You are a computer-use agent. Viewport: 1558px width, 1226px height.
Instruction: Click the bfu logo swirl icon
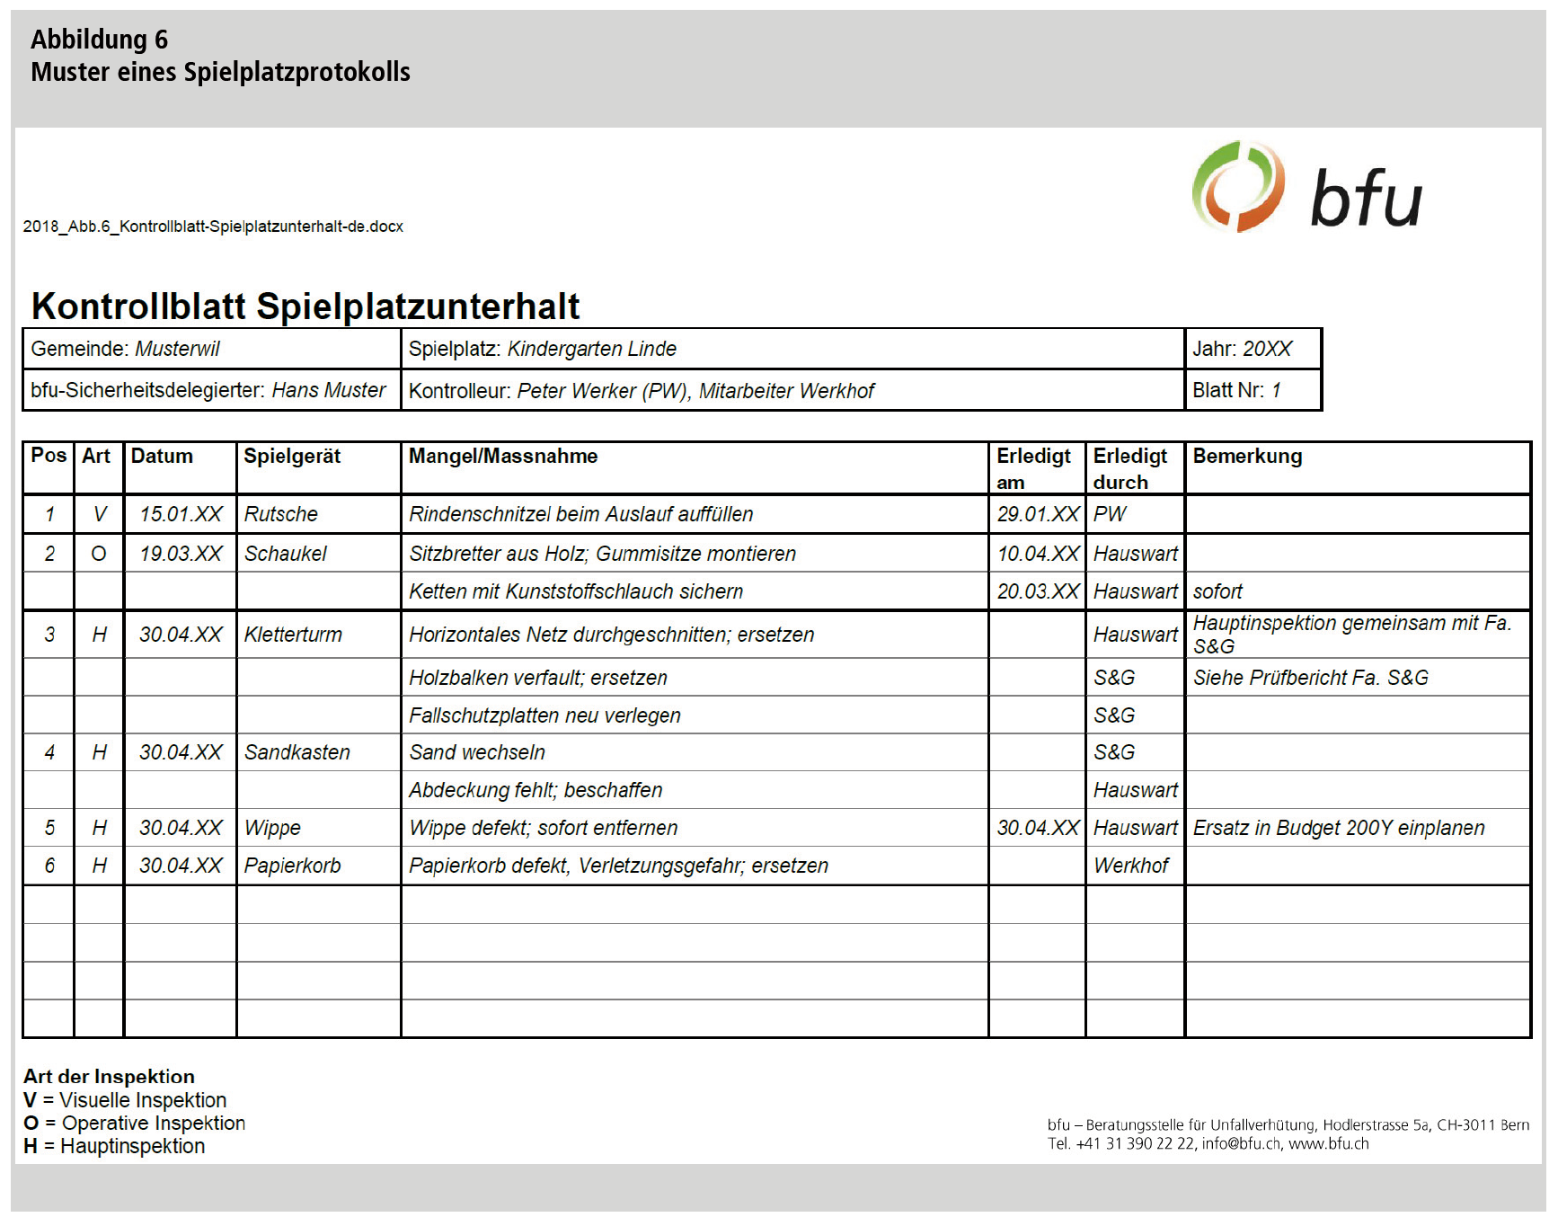click(x=1237, y=187)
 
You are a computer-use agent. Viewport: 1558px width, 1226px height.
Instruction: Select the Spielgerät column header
click(x=292, y=456)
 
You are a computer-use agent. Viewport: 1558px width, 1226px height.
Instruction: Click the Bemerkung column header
click(x=1246, y=456)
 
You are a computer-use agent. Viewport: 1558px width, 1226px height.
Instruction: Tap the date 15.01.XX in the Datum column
click(x=181, y=514)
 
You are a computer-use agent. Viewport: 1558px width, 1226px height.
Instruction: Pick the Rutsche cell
click(x=281, y=514)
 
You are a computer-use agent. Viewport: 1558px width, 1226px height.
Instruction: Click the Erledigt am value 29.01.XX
click(x=1037, y=514)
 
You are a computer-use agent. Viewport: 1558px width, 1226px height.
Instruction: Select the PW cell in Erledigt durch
click(x=1110, y=514)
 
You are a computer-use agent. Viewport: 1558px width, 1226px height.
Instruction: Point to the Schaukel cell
click(x=286, y=554)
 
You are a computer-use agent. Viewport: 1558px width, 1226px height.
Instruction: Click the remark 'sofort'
click(x=1217, y=591)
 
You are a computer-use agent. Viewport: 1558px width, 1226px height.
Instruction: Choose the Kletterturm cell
click(x=293, y=635)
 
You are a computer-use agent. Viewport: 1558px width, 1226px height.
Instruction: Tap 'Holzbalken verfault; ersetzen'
click(x=538, y=678)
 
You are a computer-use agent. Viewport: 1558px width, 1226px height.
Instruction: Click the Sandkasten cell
click(x=297, y=752)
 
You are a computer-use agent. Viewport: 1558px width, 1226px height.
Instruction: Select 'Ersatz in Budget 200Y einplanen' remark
click(x=1339, y=828)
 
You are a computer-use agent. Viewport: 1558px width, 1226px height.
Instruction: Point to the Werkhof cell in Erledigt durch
click(x=1131, y=866)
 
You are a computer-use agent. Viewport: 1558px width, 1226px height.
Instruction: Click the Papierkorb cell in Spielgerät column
click(x=293, y=866)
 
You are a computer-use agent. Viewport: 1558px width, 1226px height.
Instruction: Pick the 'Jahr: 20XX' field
click(x=1242, y=349)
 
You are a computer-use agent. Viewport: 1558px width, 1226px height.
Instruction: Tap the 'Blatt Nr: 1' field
click(x=1236, y=390)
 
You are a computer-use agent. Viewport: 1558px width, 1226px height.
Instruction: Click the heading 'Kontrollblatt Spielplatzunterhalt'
click(x=305, y=306)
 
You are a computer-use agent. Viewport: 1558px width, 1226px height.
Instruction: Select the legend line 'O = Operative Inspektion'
click(x=135, y=1124)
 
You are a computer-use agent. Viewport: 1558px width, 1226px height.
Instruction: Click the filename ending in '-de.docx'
click(x=213, y=227)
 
